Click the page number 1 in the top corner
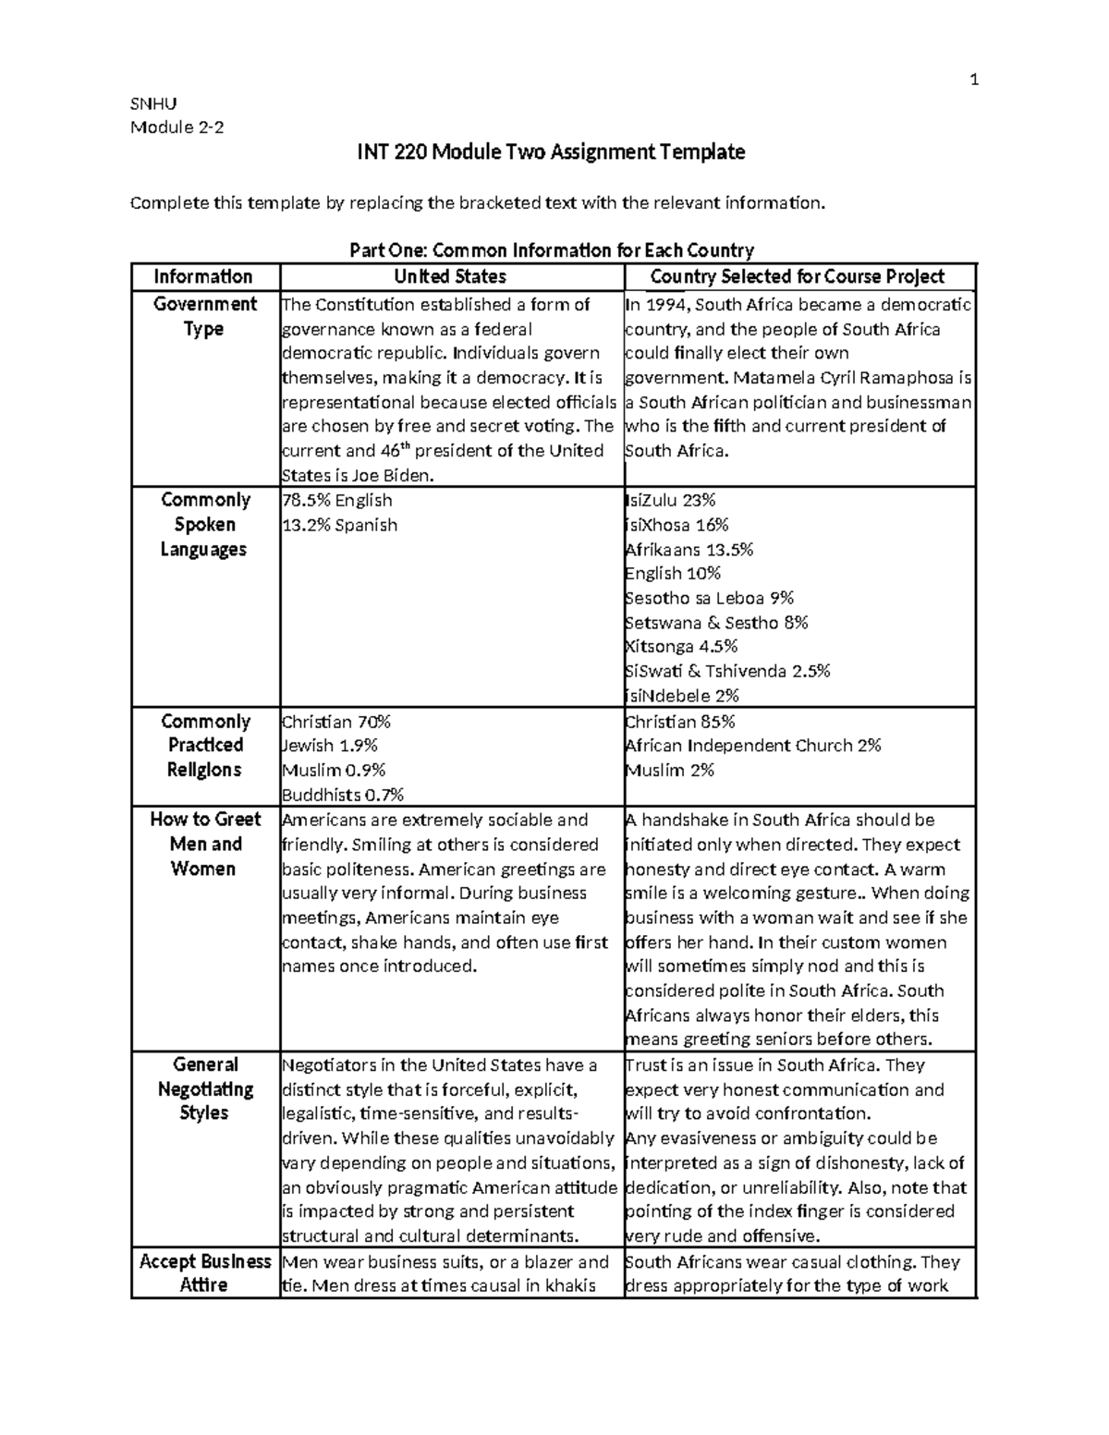pyautogui.click(x=973, y=80)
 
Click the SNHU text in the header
pyautogui.click(x=153, y=103)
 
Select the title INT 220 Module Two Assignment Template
pyautogui.click(x=551, y=152)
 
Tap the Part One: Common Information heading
pyautogui.click(x=551, y=250)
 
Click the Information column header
pyautogui.click(x=203, y=277)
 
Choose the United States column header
pyautogui.click(x=450, y=277)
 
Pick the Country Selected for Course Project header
pyautogui.click(x=798, y=277)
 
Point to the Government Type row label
pyautogui.click(x=204, y=316)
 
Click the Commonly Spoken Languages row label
pyautogui.click(x=204, y=524)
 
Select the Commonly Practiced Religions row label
pyautogui.click(x=204, y=745)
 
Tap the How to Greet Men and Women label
pyautogui.click(x=205, y=844)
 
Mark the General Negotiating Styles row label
pyautogui.click(x=205, y=1088)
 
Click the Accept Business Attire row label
pyautogui.click(x=205, y=1272)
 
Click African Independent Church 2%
pyautogui.click(x=753, y=746)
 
